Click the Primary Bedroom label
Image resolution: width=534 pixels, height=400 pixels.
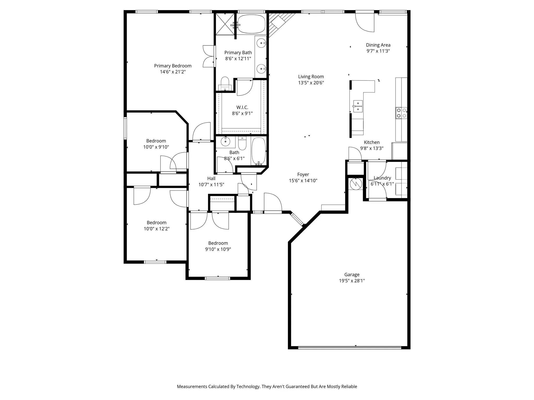[x=173, y=66]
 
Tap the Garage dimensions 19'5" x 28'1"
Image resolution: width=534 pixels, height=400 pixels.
[x=352, y=281]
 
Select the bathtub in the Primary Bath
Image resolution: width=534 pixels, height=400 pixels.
[x=251, y=24]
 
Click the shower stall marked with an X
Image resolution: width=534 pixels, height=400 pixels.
[x=225, y=24]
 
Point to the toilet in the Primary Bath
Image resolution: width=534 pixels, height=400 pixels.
[x=225, y=83]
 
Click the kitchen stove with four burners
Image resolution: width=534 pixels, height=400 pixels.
[x=401, y=113]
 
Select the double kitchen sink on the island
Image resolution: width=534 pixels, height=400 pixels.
[x=358, y=106]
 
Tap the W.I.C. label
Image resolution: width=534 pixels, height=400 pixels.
[x=242, y=107]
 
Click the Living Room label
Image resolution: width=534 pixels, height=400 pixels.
[x=311, y=77]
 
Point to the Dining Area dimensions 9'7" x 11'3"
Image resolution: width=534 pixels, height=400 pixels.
[x=378, y=51]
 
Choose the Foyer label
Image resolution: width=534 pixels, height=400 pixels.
[x=303, y=174]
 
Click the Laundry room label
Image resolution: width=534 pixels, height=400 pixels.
[x=382, y=178]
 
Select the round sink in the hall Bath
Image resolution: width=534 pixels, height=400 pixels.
[x=225, y=142]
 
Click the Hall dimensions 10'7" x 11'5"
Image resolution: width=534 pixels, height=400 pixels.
[x=211, y=185]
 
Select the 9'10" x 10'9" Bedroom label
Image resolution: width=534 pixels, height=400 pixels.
[x=218, y=243]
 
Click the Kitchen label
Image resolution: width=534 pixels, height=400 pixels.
[x=372, y=142]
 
